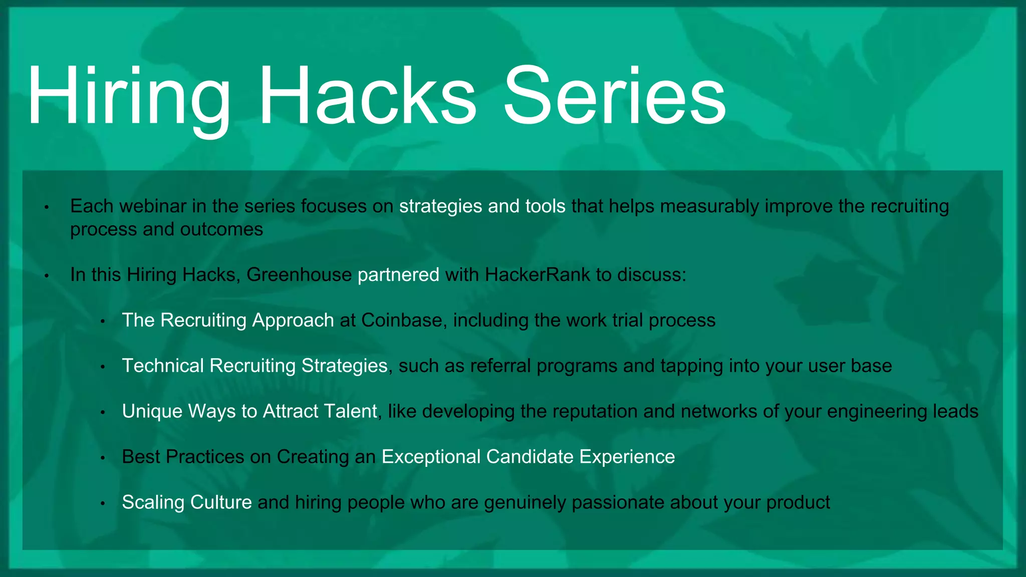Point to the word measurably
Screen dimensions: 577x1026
[x=709, y=206]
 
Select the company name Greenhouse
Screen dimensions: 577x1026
[x=299, y=275]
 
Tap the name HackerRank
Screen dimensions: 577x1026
[x=538, y=275]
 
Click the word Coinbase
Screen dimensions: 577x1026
[x=402, y=321]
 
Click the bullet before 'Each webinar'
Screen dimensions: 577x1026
[x=46, y=207]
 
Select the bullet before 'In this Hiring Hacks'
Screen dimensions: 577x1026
[x=46, y=276]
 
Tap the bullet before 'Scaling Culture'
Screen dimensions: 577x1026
[x=102, y=503]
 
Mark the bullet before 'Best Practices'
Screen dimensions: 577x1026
[x=102, y=458]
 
